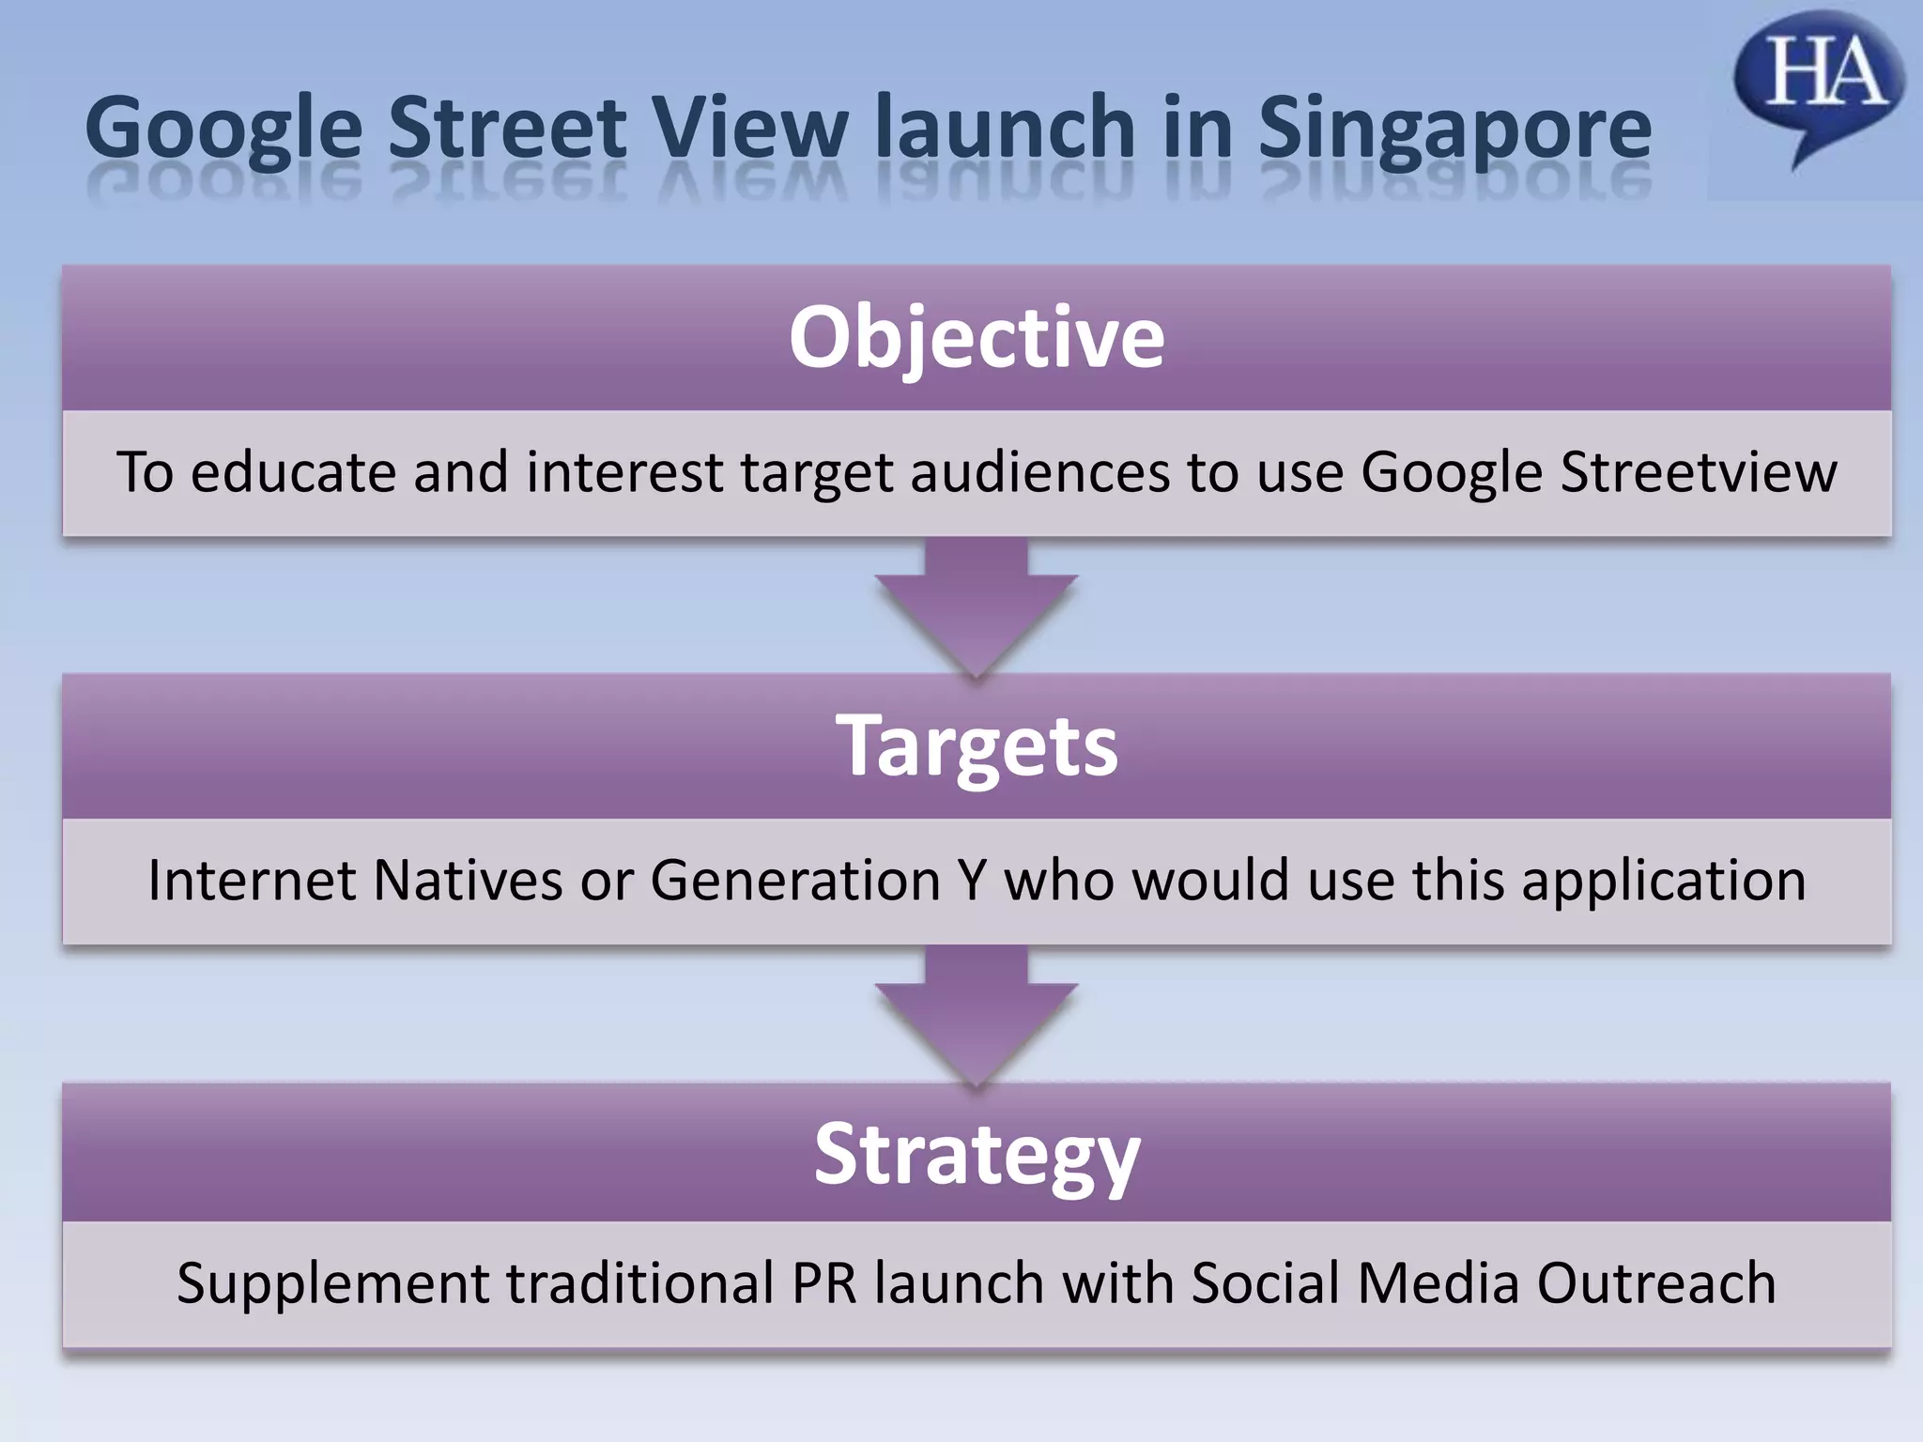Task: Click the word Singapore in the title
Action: pos(1454,130)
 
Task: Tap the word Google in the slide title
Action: pos(223,130)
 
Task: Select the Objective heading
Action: pos(977,336)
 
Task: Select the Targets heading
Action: pos(977,745)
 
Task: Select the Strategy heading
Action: pos(977,1155)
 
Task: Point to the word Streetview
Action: pos(1698,471)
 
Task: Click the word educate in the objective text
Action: pos(293,471)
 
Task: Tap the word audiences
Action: pos(1039,471)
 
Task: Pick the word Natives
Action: pos(467,881)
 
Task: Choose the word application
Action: pos(1663,881)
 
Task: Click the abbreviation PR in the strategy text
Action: pos(824,1283)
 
